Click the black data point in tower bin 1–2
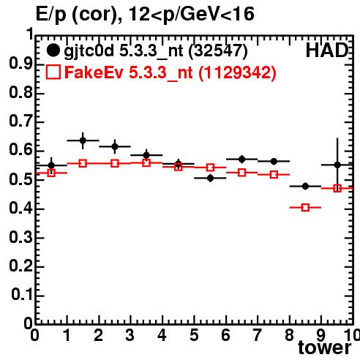83,140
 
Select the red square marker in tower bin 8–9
305,208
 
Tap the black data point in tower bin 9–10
337,165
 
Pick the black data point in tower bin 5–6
210,179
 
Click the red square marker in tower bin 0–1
51,173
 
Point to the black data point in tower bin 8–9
305,187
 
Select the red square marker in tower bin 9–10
337,188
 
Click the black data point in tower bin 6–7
241,160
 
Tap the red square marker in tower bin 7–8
274,175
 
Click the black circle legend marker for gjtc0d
53,50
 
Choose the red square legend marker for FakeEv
53,72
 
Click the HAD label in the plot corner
327,50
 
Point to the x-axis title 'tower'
325,348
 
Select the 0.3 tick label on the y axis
20,237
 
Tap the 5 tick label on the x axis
194,335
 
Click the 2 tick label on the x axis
99,335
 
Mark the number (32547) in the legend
218,51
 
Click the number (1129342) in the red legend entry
237,72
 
